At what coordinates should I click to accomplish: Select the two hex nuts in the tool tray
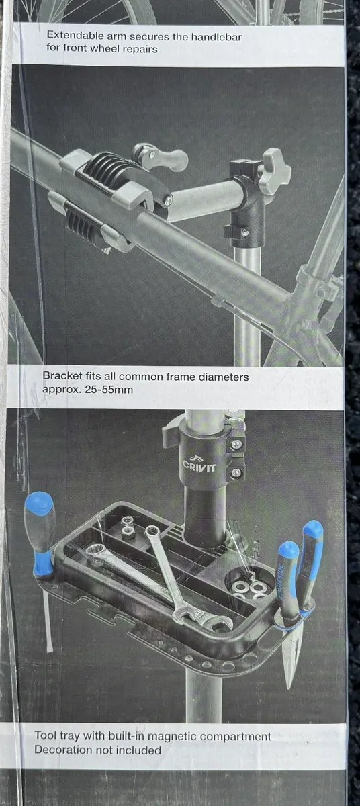click(127, 525)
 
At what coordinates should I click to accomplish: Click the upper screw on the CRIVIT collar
click(236, 445)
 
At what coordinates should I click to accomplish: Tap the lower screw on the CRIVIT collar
click(236, 472)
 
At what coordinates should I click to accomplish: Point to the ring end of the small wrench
click(152, 531)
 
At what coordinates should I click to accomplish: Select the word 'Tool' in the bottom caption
click(46, 725)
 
